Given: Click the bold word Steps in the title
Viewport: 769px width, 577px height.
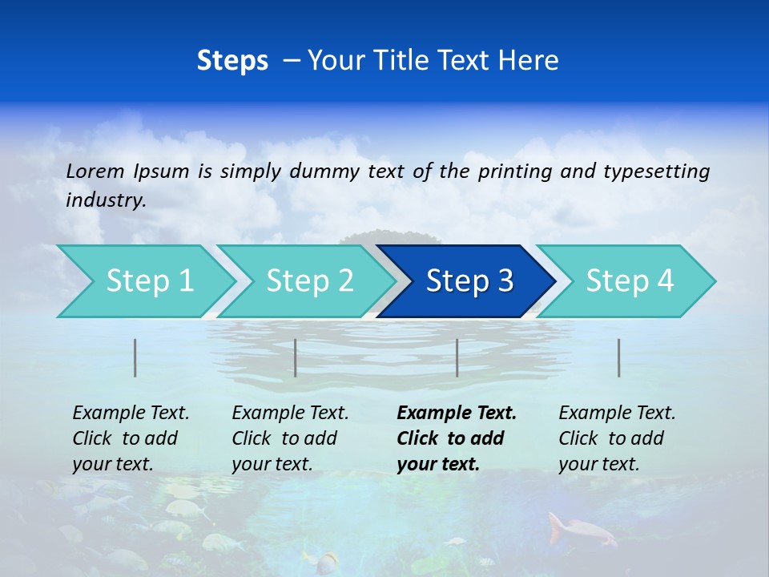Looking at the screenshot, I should coord(232,61).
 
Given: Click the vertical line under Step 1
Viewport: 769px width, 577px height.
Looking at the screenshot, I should coord(135,357).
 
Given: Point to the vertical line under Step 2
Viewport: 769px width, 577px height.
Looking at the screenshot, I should coord(296,357).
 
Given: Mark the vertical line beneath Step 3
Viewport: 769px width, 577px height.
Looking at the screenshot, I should coord(457,357).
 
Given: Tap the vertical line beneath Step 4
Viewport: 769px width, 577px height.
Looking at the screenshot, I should coord(619,357).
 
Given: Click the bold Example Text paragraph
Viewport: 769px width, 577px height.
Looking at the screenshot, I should coord(457,438).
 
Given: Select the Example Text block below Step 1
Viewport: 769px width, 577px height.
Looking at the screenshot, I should coord(131,438).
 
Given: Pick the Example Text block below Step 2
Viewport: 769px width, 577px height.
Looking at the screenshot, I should coord(290,438).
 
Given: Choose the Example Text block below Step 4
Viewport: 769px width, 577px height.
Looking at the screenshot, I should coord(617,438).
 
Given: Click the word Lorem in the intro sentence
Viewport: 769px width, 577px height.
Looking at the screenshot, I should coord(95,171).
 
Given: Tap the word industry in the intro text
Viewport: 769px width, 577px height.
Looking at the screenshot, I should coord(105,200).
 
